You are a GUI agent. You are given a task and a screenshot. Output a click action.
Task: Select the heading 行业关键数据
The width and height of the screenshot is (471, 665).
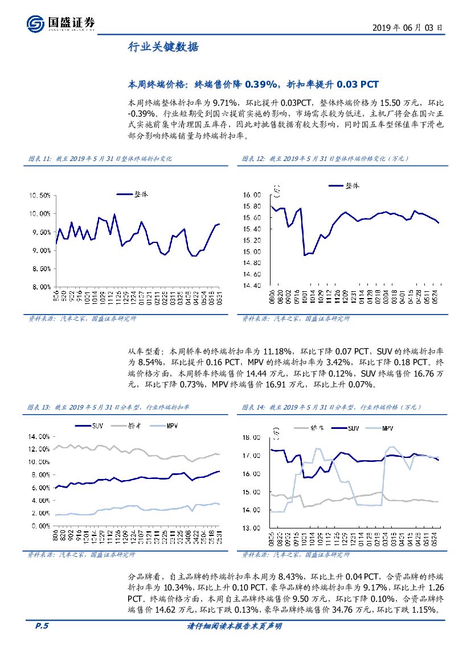pos(163,47)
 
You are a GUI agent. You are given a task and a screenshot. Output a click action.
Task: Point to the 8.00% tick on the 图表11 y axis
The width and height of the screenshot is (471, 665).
pos(41,287)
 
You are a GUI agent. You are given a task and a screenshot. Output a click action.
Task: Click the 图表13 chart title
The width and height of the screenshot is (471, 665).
pos(108,407)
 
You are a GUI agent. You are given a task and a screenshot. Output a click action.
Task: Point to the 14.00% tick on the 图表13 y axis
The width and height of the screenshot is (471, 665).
pos(37,436)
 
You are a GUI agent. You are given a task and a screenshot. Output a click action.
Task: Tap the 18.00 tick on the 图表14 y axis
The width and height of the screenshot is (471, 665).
pos(251,437)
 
